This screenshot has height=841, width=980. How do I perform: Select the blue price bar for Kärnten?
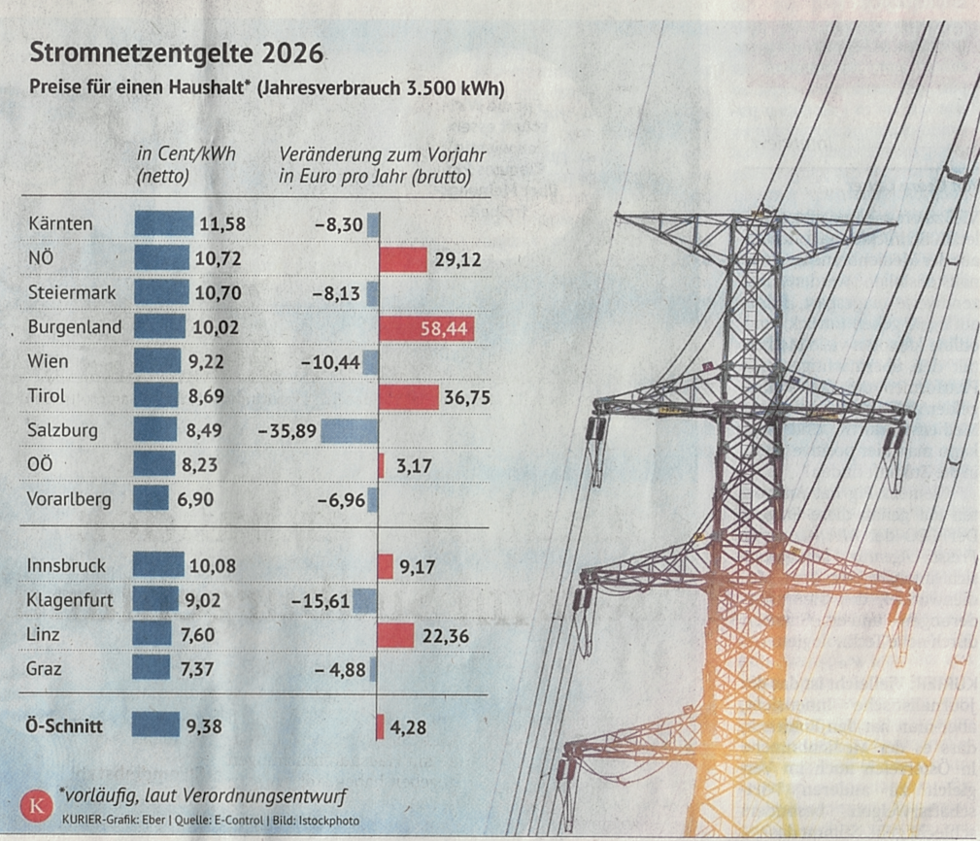[x=163, y=224]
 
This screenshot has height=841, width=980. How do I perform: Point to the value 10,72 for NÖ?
[x=220, y=259]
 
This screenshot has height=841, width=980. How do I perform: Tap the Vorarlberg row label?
[x=70, y=500]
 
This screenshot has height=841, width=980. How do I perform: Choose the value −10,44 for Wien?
[x=331, y=363]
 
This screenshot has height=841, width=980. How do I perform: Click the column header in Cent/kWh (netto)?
[x=186, y=165]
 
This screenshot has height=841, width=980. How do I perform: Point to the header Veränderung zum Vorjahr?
[x=383, y=154]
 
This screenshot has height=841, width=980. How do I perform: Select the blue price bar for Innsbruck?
[x=157, y=564]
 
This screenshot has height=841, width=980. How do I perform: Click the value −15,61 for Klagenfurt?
[x=321, y=601]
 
